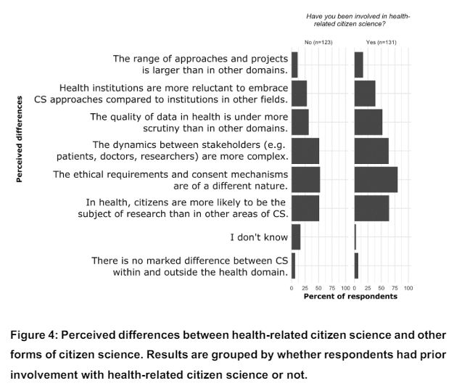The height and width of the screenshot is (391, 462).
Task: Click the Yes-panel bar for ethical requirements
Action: tap(376, 179)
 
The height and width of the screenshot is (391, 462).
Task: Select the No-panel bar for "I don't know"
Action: tap(296, 236)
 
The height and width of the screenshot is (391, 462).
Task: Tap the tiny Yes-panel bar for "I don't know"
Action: tap(355, 236)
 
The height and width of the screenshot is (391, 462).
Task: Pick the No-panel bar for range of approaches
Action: tap(294, 65)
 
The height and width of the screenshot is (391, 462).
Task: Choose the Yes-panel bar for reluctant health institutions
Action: tap(365, 93)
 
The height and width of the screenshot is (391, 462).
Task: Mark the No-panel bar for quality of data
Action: tap(300, 122)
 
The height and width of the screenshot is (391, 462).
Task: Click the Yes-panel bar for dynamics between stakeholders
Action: tap(371, 150)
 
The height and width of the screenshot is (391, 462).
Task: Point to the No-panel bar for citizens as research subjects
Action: tap(305, 207)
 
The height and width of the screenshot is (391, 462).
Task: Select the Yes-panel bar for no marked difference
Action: tap(357, 265)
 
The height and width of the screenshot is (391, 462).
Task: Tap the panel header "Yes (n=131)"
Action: tap(381, 42)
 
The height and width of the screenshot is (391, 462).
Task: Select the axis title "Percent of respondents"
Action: tap(350, 297)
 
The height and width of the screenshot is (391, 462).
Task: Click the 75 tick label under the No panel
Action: tap(332, 288)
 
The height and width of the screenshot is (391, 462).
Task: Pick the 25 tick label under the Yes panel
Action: tap(368, 288)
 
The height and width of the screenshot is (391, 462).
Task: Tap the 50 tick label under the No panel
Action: tap(318, 288)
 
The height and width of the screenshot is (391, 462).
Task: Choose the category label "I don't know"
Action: tap(259, 236)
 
